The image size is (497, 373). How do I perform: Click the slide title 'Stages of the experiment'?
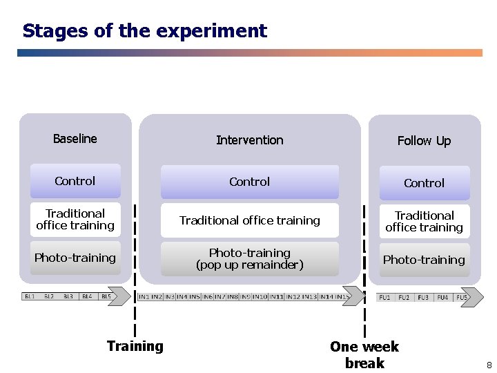click(144, 31)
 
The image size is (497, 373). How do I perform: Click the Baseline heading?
click(75, 139)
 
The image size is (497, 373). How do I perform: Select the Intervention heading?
click(249, 140)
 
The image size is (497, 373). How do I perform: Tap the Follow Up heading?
click(424, 141)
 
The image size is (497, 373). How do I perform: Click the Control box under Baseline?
click(75, 181)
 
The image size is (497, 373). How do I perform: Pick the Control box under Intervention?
click(249, 182)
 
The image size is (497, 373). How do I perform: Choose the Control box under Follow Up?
click(424, 183)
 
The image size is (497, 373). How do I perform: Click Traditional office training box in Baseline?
click(75, 220)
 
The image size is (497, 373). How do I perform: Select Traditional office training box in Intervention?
click(249, 220)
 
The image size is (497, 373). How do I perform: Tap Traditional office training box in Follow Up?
click(424, 222)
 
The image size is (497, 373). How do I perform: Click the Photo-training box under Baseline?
click(75, 258)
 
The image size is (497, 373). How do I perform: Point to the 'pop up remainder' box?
click(249, 259)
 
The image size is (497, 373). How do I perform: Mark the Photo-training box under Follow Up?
click(424, 260)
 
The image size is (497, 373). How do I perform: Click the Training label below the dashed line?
click(135, 346)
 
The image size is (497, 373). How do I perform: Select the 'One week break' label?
click(364, 354)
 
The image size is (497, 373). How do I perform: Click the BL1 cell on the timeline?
click(30, 296)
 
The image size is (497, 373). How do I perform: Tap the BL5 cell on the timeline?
click(106, 296)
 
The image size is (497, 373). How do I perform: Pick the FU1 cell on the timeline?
click(384, 298)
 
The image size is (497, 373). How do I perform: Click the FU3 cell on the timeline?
click(423, 298)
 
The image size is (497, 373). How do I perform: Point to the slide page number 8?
click(489, 365)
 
